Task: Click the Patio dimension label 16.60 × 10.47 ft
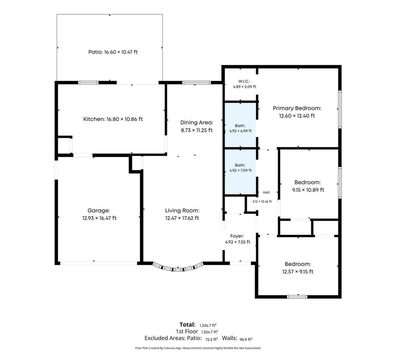(x=121, y=52)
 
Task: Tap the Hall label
(x=266, y=192)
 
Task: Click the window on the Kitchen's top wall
(x=88, y=82)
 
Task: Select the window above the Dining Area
(x=196, y=82)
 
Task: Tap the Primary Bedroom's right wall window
(x=340, y=109)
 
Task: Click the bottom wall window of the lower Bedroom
(x=297, y=297)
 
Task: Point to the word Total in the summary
(x=188, y=325)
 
